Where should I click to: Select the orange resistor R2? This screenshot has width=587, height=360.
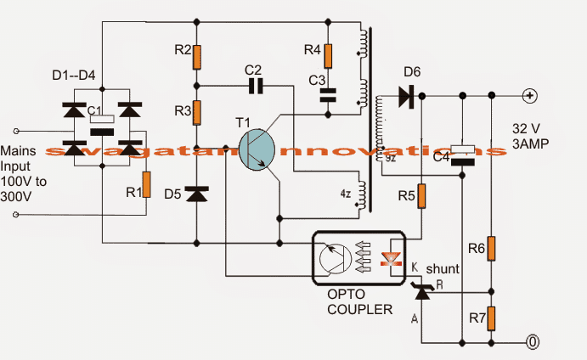(196, 57)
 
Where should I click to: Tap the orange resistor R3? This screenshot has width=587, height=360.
(196, 113)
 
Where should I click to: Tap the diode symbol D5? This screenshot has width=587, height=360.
(196, 194)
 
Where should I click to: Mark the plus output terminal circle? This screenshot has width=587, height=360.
(529, 95)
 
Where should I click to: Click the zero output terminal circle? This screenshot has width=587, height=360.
(532, 343)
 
